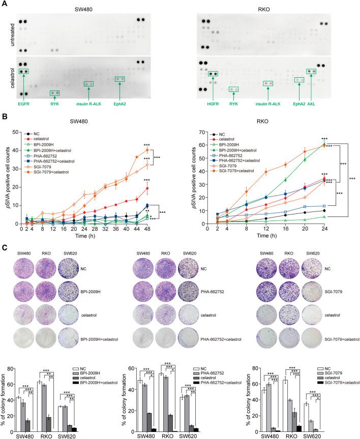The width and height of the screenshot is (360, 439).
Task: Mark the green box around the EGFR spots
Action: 23,72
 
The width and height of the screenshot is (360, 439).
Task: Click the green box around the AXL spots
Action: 311,71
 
